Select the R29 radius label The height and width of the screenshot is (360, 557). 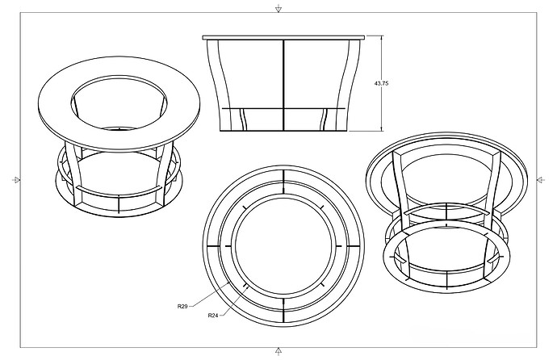pyautogui.click(x=183, y=307)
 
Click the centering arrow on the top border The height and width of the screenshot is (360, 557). pyautogui.click(x=278, y=9)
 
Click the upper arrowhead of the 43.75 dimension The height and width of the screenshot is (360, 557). pyautogui.click(x=382, y=40)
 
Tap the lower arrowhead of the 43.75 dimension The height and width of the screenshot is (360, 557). pyautogui.click(x=382, y=129)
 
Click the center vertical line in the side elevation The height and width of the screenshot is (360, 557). pyautogui.click(x=283, y=81)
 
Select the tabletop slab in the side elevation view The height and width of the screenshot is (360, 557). pyautogui.click(x=283, y=36)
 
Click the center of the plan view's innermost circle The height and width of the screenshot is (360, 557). pyautogui.click(x=283, y=245)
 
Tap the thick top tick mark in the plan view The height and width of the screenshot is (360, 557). pyautogui.click(x=283, y=177)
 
